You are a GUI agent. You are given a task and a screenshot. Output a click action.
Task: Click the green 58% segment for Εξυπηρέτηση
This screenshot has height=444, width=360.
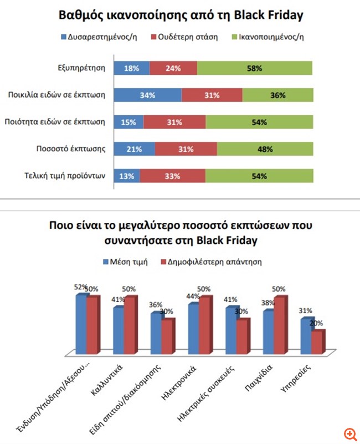tap(254, 69)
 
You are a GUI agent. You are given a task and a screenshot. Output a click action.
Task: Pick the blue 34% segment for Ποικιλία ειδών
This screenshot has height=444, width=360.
tap(147, 95)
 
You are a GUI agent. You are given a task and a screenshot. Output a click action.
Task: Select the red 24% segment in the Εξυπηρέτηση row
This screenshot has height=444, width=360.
tap(173, 69)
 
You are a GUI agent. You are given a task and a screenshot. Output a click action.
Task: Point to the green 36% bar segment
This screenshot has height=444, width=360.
tap(277, 95)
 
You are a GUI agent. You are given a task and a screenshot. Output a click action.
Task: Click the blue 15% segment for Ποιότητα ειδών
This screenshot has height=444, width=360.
tap(128, 122)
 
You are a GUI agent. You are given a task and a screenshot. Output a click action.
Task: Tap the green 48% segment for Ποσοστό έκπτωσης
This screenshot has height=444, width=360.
tap(265, 149)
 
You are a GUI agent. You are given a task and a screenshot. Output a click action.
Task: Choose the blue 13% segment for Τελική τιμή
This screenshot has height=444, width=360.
tap(127, 176)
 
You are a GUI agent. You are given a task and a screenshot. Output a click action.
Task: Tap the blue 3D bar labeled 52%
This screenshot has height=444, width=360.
tap(81, 324)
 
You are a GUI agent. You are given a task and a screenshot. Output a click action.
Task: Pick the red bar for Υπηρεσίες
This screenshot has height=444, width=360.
tap(317, 342)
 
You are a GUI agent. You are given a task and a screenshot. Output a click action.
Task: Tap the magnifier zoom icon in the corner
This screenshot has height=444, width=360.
tap(349, 433)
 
